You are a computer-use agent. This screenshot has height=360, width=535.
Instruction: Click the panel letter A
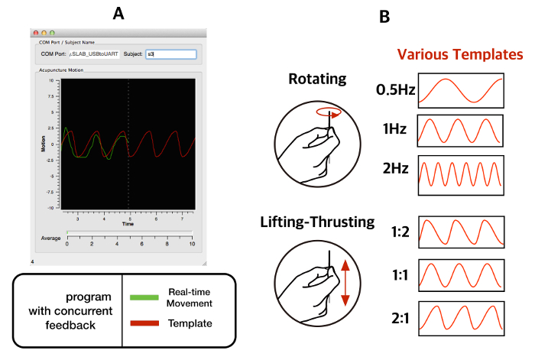coord(117,13)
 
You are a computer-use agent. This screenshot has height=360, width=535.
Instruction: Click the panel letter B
coord(384,15)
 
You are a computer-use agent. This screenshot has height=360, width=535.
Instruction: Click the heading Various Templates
coord(460,55)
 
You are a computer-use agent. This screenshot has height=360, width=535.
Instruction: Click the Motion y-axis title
coord(43,143)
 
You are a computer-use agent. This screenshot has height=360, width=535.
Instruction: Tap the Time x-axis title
coord(128,225)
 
